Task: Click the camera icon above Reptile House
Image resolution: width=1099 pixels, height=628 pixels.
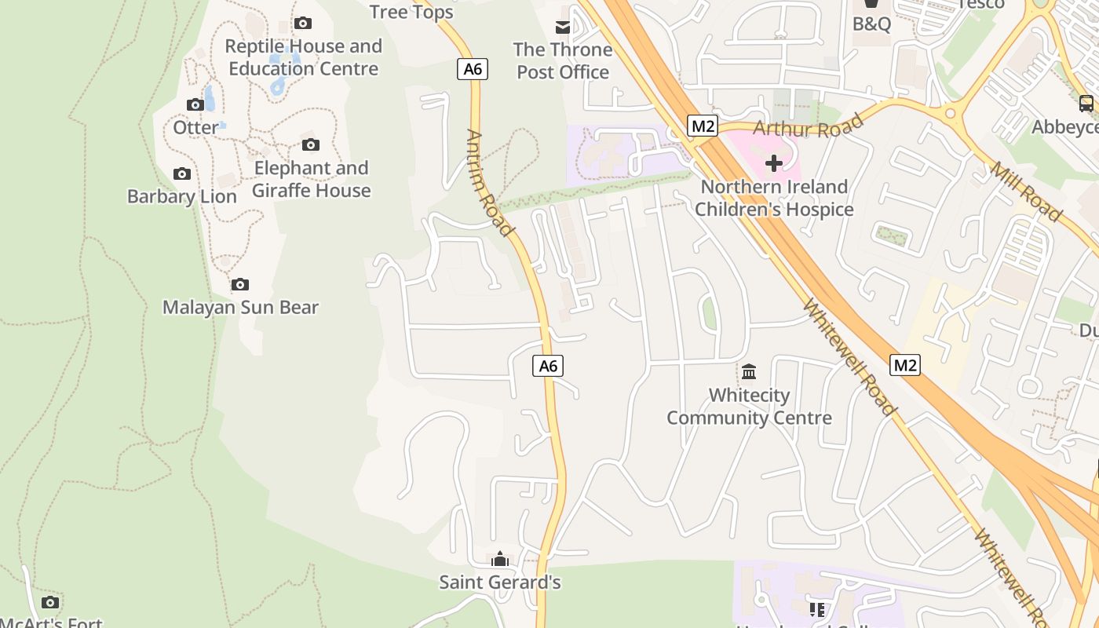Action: (x=303, y=24)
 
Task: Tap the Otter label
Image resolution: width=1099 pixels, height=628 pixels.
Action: (x=195, y=127)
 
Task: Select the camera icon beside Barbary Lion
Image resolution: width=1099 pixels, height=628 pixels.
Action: (x=182, y=173)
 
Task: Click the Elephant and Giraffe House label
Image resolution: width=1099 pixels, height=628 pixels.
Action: (x=312, y=179)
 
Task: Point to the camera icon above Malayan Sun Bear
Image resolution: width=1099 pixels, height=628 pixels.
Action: (x=240, y=284)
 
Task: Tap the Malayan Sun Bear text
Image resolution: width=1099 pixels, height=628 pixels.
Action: (x=240, y=307)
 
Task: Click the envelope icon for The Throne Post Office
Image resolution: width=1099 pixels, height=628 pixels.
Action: (x=563, y=27)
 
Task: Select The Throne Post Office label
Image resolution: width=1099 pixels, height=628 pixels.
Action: (x=563, y=60)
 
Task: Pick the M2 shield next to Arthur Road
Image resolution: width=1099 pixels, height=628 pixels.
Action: (x=703, y=126)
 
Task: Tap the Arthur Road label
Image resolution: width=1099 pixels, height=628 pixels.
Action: (x=809, y=126)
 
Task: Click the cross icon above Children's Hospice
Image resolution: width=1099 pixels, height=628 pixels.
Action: (x=774, y=163)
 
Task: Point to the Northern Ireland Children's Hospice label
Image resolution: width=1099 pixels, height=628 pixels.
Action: (x=774, y=198)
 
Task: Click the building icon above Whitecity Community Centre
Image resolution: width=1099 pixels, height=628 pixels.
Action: (x=749, y=371)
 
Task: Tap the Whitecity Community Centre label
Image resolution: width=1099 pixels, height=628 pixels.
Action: (x=749, y=406)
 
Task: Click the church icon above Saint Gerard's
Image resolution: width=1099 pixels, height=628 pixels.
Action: (x=499, y=559)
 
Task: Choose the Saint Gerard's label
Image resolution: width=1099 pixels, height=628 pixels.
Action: (x=499, y=582)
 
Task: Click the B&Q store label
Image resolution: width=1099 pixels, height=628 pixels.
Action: (x=871, y=24)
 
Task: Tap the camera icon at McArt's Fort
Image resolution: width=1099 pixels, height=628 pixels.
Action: (x=50, y=602)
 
